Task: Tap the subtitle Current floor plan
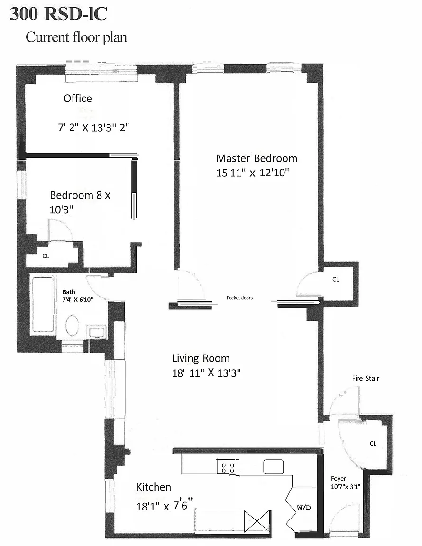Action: click(76, 37)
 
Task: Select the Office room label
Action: click(78, 99)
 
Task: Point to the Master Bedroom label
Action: click(257, 158)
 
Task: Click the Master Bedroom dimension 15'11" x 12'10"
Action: click(253, 173)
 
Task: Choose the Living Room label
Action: click(201, 358)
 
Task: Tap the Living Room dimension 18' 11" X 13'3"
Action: click(207, 373)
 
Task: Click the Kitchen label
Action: click(154, 487)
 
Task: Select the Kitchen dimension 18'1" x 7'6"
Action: click(165, 505)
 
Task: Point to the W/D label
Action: click(303, 508)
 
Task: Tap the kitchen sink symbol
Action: click(273, 467)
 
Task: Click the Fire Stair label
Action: click(366, 378)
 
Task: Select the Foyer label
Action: click(339, 478)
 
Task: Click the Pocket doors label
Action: click(240, 298)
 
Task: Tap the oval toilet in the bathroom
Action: click(73, 326)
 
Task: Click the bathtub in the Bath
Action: click(43, 304)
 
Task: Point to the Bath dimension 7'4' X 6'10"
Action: click(78, 300)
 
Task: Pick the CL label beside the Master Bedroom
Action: click(336, 279)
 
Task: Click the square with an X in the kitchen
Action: click(257, 521)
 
